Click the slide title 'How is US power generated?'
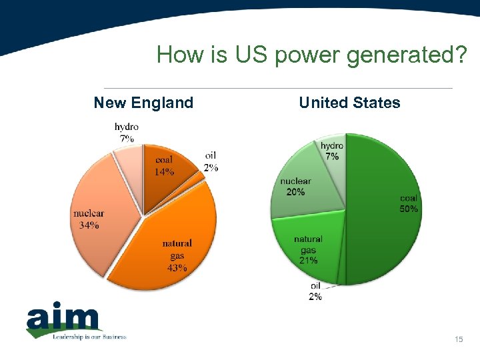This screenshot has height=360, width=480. click(x=311, y=55)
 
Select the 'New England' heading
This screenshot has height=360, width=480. click(x=143, y=103)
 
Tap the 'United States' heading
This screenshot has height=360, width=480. click(x=349, y=103)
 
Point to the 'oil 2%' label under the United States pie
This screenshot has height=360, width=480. click(x=315, y=291)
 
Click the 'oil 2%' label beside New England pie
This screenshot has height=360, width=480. click(x=211, y=162)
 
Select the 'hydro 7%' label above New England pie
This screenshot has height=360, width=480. click(x=127, y=133)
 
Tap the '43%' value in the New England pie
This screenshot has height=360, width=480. click(x=177, y=268)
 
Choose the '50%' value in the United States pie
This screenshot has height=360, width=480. click(x=409, y=209)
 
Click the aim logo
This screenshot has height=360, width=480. click(x=63, y=321)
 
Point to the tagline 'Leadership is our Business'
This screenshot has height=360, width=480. click(x=89, y=337)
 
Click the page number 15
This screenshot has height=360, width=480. click(x=458, y=341)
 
